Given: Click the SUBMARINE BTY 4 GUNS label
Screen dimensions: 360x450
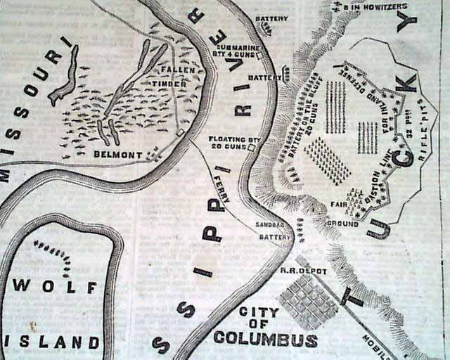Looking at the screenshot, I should point(236,48).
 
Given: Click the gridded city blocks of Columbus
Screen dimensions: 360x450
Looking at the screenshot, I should point(308,301).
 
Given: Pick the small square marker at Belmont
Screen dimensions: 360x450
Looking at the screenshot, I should point(181,132).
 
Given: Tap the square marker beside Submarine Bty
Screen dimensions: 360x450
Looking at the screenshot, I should point(260,55).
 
